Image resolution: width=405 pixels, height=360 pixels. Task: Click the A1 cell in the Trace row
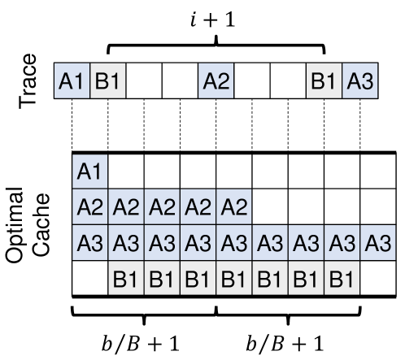click(72, 81)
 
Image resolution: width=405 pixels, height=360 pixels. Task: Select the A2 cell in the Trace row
click(216, 81)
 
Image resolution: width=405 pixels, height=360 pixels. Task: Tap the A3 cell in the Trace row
click(359, 81)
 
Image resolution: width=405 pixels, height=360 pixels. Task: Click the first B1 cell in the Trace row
click(107, 81)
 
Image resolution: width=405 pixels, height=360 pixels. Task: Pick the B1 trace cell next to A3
click(324, 81)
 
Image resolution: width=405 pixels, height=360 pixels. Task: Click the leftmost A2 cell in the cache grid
click(89, 208)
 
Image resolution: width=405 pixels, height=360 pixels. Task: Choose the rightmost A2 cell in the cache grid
click(233, 208)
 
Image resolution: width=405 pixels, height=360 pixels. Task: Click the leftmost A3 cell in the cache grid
click(89, 244)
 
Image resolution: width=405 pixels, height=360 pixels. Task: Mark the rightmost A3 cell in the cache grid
click(377, 244)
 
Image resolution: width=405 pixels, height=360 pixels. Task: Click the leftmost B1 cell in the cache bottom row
click(125, 280)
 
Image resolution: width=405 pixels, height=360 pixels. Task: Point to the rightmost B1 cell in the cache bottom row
click(341, 280)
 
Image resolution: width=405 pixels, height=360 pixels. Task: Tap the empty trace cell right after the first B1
click(143, 81)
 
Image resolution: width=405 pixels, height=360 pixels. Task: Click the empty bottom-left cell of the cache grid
click(89, 280)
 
